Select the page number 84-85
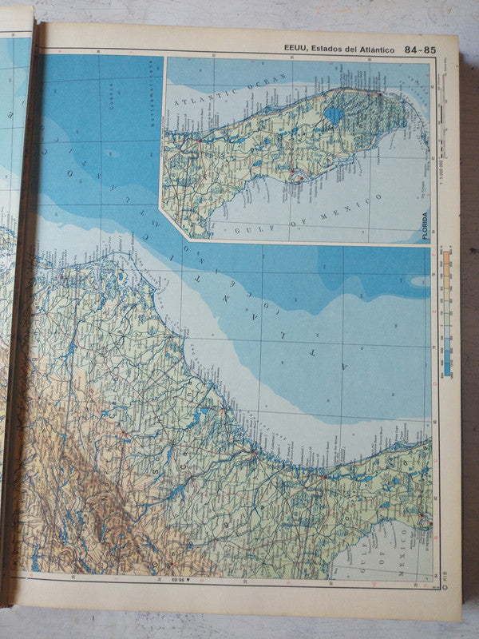coord(420,49)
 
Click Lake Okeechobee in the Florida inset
coord(334,115)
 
